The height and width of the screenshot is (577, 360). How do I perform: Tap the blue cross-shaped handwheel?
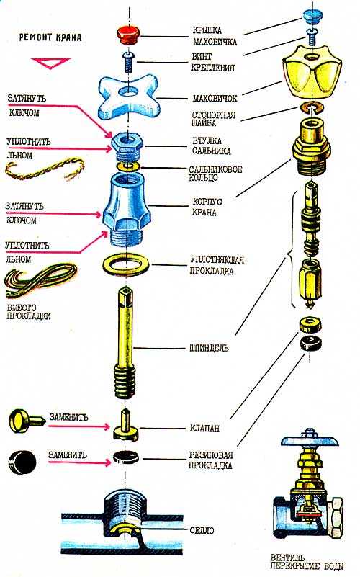pyautogui.click(x=127, y=97)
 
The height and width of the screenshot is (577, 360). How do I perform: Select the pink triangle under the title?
pyautogui.click(x=50, y=63)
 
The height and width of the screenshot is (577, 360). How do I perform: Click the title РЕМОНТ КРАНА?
pyautogui.click(x=50, y=37)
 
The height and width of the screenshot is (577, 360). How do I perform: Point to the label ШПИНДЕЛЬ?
pyautogui.click(x=209, y=348)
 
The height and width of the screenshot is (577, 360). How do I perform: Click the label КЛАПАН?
pyautogui.click(x=204, y=428)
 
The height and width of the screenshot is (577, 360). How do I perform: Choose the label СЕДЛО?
pyautogui.click(x=202, y=530)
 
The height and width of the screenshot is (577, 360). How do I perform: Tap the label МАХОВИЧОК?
pyautogui.click(x=215, y=98)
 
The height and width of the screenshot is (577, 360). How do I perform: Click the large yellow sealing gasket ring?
pyautogui.click(x=125, y=265)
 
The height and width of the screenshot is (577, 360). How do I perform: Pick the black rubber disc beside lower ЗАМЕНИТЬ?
pyautogui.click(x=22, y=462)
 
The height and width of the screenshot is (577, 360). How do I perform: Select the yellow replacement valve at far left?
pyautogui.click(x=26, y=421)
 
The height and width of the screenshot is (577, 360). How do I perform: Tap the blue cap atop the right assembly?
pyautogui.click(x=312, y=15)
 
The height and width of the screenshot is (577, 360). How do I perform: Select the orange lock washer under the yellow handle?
pyautogui.click(x=310, y=108)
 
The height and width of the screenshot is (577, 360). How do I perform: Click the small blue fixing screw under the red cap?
pyautogui.click(x=128, y=62)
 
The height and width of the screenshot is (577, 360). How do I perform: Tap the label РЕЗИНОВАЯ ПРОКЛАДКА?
pyautogui.click(x=210, y=460)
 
